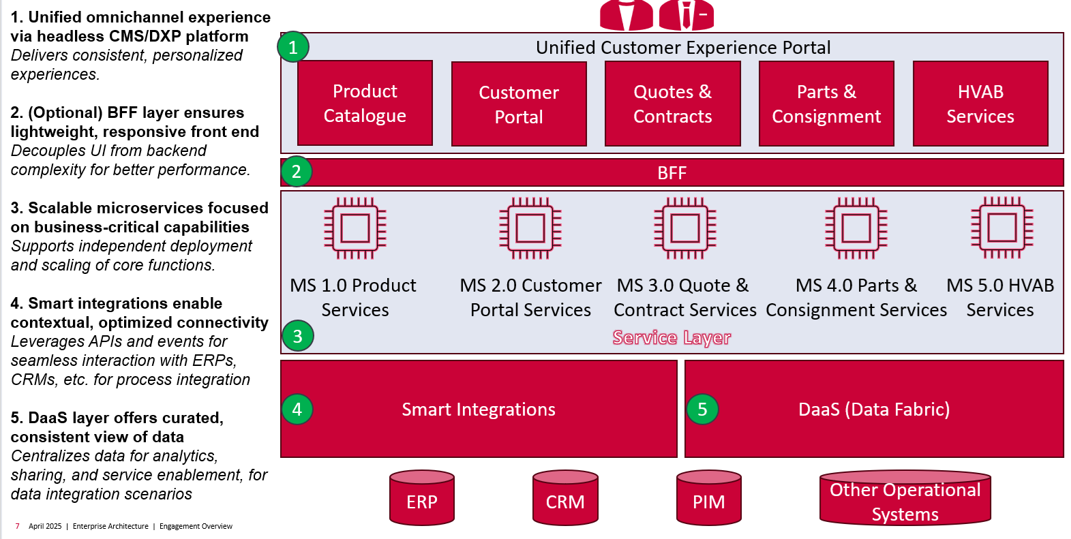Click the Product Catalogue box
point(365,103)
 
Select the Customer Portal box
point(519,104)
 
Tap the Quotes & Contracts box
point(672,104)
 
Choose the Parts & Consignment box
point(826,104)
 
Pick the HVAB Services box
point(980,104)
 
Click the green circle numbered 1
point(293,47)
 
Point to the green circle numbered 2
point(296,172)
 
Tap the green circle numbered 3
point(297,336)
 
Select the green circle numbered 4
point(297,409)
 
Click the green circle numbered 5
point(702,409)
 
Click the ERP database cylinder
point(422,498)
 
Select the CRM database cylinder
point(565,498)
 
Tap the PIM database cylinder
point(709,498)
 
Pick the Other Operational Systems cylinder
point(905,499)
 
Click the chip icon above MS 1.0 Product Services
point(355,228)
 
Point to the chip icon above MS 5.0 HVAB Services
point(1001,228)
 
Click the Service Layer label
point(672,337)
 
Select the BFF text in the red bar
point(672,173)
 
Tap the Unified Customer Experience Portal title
point(683,48)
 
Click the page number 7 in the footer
point(17,526)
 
